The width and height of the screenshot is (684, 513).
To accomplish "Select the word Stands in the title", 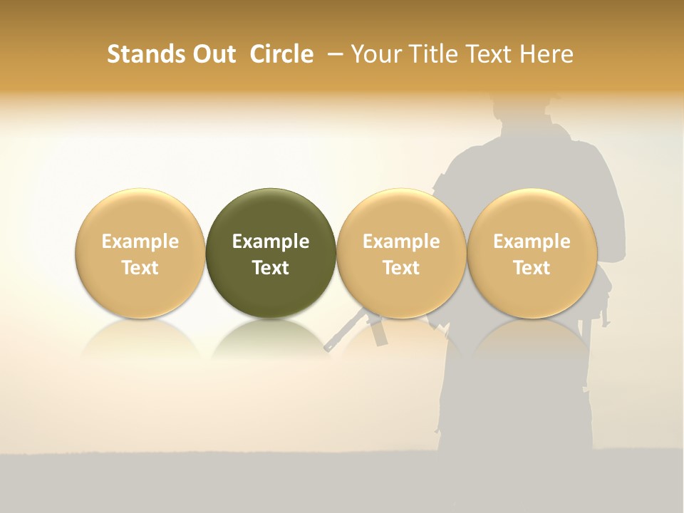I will [x=144, y=54].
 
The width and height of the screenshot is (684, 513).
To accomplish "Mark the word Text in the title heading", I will [x=489, y=54].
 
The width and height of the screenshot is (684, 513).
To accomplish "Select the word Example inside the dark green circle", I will [x=271, y=242].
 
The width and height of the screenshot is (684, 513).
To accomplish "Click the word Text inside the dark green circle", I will [x=271, y=268].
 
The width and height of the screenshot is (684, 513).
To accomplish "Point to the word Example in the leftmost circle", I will [x=140, y=242].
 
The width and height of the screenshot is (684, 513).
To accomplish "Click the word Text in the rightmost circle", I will [x=532, y=268].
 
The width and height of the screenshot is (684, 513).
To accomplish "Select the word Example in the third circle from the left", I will [x=401, y=242].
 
